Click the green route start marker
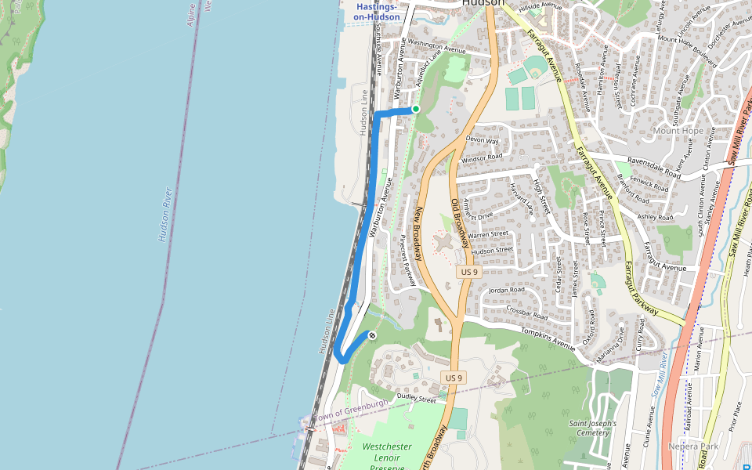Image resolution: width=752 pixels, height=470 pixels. [x=416, y=109]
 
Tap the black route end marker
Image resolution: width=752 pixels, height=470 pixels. [x=372, y=335]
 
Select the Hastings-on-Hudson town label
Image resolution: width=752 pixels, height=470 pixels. [x=377, y=12]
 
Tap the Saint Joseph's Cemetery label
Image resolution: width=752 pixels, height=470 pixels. [x=593, y=428]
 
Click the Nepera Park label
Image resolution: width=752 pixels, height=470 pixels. [x=693, y=446]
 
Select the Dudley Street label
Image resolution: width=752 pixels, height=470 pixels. [x=416, y=399]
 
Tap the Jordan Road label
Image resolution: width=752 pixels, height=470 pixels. [x=506, y=290]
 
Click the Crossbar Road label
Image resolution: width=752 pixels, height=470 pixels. [x=526, y=311]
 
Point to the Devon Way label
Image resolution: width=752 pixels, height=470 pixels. [x=482, y=140]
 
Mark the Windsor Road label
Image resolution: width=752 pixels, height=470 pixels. [x=482, y=157]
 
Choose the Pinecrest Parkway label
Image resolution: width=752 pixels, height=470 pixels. [x=407, y=259]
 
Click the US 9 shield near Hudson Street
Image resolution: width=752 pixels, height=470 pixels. [x=468, y=271]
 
